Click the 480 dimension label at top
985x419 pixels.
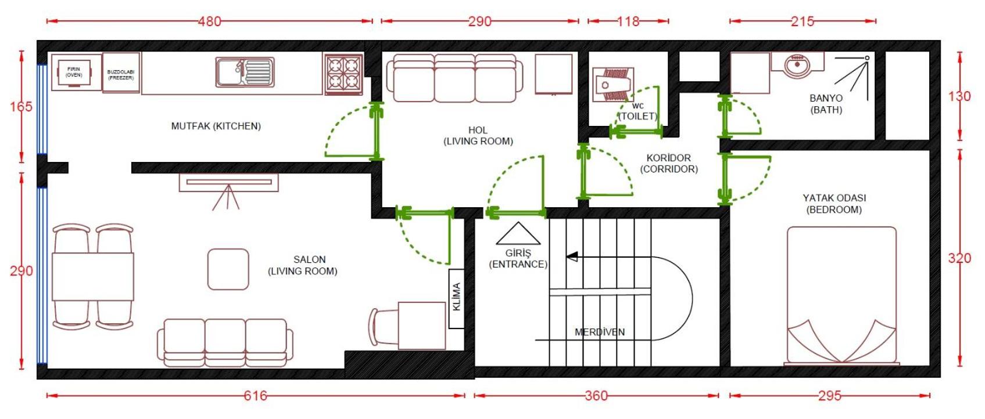tap(209, 21)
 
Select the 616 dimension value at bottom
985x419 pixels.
tap(256, 396)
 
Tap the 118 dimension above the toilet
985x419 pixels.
tap(628, 21)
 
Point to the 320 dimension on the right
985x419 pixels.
tap(959, 258)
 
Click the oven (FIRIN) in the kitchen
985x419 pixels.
tap(74, 73)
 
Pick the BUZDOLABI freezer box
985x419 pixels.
tap(121, 73)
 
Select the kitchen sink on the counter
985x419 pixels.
tap(245, 72)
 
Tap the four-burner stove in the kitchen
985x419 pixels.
tap(343, 74)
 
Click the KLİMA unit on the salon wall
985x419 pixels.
tap(456, 299)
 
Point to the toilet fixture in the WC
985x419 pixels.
tap(613, 85)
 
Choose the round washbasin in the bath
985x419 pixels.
tap(797, 66)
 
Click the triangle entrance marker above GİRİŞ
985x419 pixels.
tap(518, 233)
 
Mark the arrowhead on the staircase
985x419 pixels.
tap(572, 257)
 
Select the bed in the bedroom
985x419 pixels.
tap(841, 295)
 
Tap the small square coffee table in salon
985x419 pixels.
tap(228, 269)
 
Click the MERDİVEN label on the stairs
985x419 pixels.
tap(599, 332)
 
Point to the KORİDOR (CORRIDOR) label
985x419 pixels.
tap(669, 164)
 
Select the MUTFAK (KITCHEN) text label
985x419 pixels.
tap(216, 126)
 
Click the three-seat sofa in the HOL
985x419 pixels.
tap(454, 78)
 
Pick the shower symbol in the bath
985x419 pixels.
tap(852, 78)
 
